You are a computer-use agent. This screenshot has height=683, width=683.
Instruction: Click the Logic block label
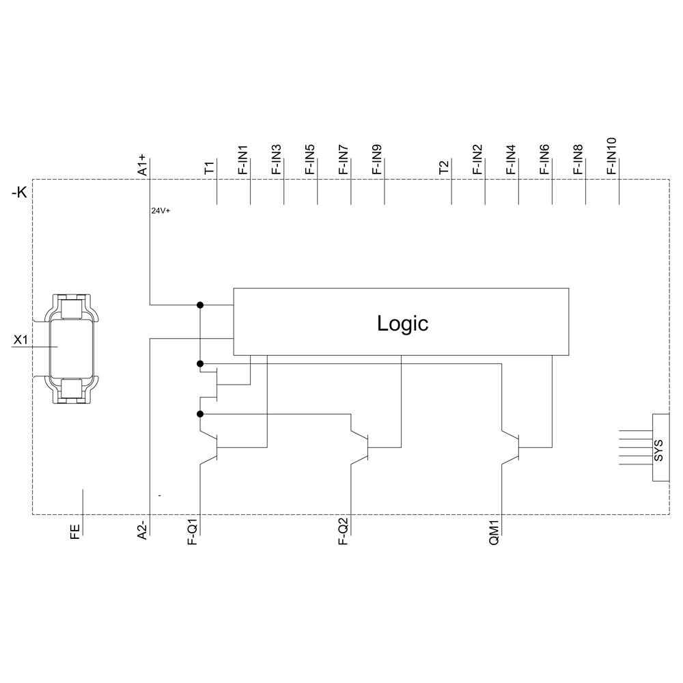coord(402,323)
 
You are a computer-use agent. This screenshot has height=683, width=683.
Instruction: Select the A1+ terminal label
coord(143,165)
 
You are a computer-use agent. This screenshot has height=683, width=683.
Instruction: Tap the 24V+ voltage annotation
coord(161,211)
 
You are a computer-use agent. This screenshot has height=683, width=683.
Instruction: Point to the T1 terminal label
coord(210,167)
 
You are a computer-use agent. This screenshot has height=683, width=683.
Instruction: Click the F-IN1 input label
coord(243,161)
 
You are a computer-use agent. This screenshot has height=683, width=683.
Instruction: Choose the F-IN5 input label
coord(310,161)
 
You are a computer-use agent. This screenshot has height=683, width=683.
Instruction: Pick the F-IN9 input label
coord(377,161)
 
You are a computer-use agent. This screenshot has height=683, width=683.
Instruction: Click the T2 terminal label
coord(444,167)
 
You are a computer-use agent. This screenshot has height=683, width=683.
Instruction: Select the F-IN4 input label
coord(511,161)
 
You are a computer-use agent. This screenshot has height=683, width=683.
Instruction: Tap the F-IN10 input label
coord(611,156)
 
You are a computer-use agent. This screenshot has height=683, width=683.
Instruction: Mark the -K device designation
coord(20,193)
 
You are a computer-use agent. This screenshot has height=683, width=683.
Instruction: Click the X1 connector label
coord(21,339)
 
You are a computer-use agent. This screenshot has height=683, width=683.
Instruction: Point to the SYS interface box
coord(660,447)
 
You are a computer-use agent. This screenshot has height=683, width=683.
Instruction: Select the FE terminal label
coord(75,531)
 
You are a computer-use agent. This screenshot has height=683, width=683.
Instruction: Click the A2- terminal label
coord(143,530)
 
